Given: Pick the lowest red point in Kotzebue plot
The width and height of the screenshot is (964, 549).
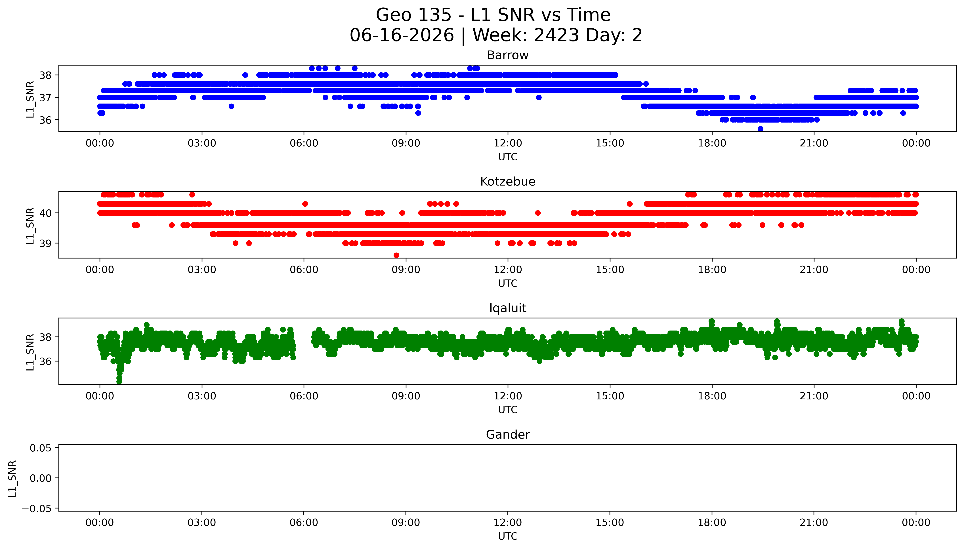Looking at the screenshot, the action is [x=396, y=255].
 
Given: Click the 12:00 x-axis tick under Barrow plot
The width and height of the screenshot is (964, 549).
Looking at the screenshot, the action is [x=508, y=143].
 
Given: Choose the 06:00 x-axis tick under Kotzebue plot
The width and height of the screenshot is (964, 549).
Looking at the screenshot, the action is [x=304, y=270].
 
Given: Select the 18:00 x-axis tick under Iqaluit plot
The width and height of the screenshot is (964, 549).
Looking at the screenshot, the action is [x=712, y=396].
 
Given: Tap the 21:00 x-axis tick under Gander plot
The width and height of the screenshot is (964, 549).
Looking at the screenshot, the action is [x=814, y=523].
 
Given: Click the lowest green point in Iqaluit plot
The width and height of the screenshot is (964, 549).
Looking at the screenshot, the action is [x=119, y=382].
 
